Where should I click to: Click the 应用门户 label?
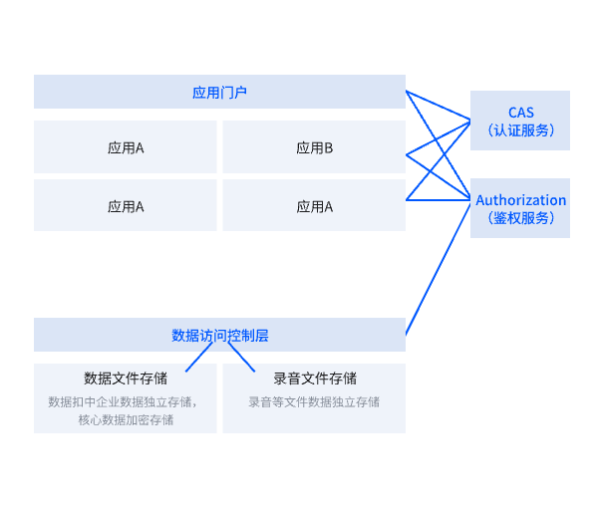click(x=219, y=93)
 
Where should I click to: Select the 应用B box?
click(x=314, y=148)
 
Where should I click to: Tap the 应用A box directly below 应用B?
click(x=314, y=207)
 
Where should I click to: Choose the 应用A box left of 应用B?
click(x=126, y=148)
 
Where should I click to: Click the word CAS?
click(x=520, y=112)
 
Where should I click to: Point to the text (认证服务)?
click(x=520, y=130)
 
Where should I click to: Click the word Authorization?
click(x=520, y=200)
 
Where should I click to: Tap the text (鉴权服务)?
click(x=520, y=218)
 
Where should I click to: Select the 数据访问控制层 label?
click(x=219, y=336)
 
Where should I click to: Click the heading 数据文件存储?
click(x=126, y=379)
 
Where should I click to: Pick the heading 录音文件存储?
click(x=314, y=379)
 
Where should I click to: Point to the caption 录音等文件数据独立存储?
click(x=314, y=402)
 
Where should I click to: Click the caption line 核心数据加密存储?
click(x=126, y=419)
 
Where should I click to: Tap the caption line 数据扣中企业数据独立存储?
click(x=126, y=402)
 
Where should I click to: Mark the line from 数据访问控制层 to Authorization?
click(x=441, y=267)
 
